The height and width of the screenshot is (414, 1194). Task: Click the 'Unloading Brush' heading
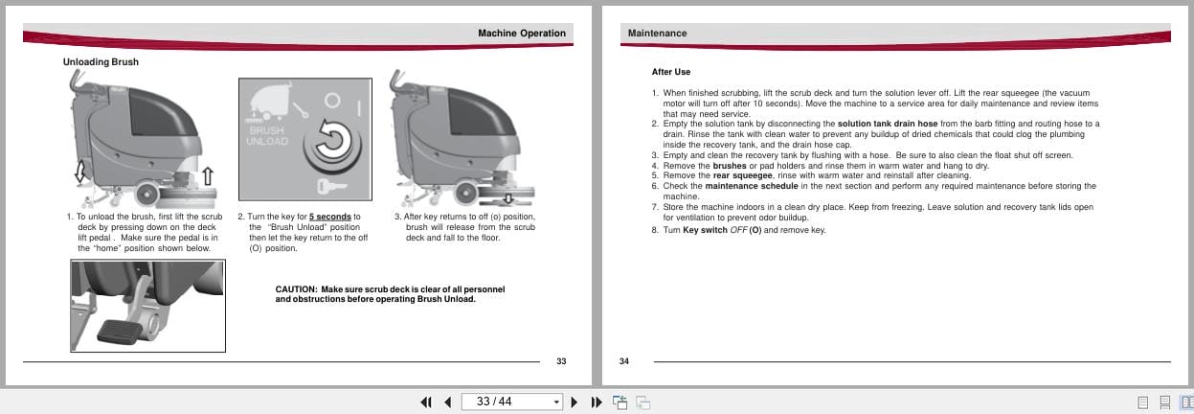tap(101, 62)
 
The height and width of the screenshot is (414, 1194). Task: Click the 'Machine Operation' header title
tap(521, 33)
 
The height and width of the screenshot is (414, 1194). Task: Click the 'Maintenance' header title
tap(657, 33)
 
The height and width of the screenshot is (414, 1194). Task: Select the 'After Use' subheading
tap(670, 72)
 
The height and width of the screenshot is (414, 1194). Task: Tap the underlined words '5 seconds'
tap(329, 217)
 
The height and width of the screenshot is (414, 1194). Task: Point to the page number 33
tap(561, 361)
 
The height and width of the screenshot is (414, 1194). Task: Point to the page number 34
tap(624, 361)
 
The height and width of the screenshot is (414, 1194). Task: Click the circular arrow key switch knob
tap(328, 141)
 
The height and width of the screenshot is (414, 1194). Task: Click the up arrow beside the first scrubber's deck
tap(207, 176)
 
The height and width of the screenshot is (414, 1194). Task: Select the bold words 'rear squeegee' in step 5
tap(743, 175)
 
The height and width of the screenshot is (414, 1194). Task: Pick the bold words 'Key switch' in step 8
tap(706, 230)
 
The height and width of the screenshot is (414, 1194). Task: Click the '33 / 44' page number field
tap(507, 402)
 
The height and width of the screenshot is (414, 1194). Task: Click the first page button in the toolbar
tap(425, 402)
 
